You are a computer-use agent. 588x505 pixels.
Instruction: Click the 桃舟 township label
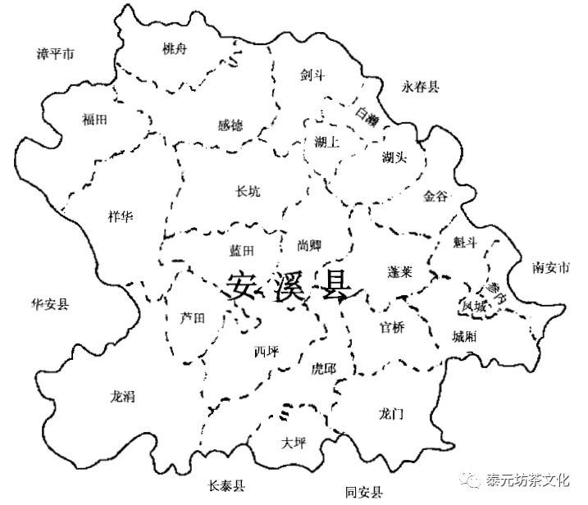click(175, 49)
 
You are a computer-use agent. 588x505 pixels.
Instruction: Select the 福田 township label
click(94, 119)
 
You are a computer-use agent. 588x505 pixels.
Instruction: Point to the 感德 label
click(230, 126)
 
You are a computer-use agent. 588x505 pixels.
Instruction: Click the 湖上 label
click(326, 142)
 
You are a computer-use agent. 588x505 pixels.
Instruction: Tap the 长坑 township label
click(248, 192)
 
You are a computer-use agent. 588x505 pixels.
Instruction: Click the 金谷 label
click(435, 197)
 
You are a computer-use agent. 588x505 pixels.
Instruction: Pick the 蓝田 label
click(242, 250)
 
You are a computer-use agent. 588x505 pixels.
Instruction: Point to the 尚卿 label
click(298, 245)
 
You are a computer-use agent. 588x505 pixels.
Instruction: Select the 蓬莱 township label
click(403, 271)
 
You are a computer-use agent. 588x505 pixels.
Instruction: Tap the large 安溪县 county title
click(287, 286)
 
